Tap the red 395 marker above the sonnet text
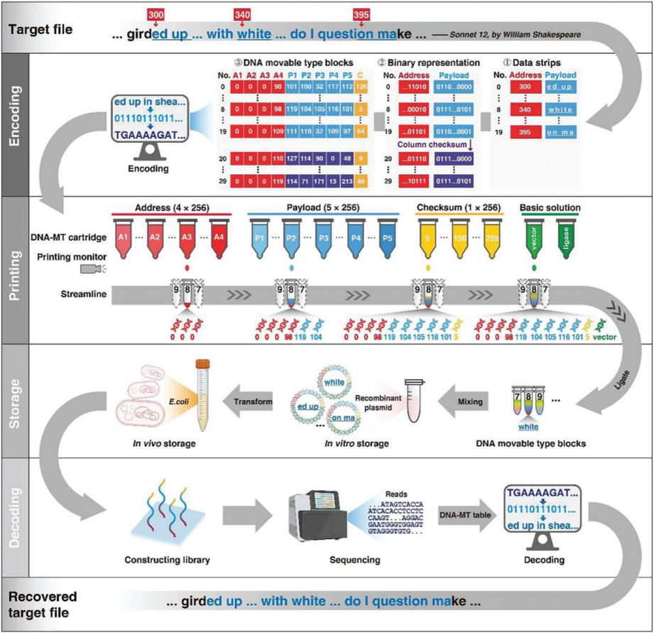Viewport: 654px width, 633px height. (363, 14)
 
